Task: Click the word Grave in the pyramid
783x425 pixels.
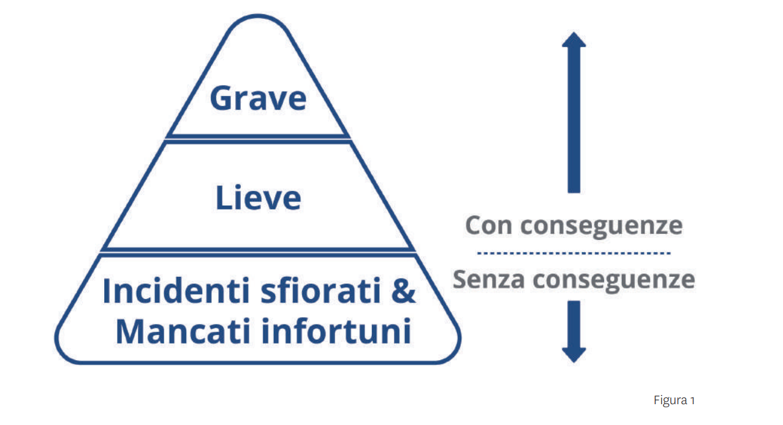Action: (258, 98)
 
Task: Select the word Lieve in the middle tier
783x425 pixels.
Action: (258, 197)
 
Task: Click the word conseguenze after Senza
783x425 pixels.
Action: (614, 280)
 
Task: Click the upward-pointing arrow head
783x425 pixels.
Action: (573, 40)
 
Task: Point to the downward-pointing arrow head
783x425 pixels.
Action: (573, 354)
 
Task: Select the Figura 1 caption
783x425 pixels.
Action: (673, 401)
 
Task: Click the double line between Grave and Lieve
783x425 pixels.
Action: (258, 138)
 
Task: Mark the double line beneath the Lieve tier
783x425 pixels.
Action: (258, 250)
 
